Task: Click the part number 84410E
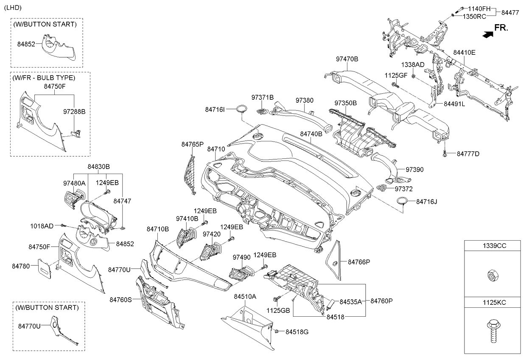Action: pyautogui.click(x=464, y=53)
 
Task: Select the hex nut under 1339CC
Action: pyautogui.click(x=492, y=276)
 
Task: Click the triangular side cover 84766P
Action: pyautogui.click(x=335, y=259)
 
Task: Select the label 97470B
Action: pyautogui.click(x=347, y=59)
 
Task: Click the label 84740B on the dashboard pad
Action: pyautogui.click(x=311, y=134)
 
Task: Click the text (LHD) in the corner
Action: pyautogui.click(x=12, y=8)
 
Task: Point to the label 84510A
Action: pyautogui.click(x=245, y=297)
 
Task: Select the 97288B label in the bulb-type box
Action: pyautogui.click(x=74, y=112)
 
